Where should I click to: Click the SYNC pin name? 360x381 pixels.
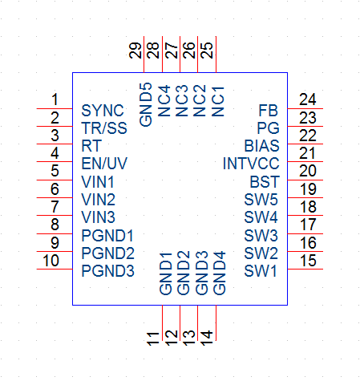click(x=103, y=111)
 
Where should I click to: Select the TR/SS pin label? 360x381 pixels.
click(x=104, y=128)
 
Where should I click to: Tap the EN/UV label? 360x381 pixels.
click(x=104, y=164)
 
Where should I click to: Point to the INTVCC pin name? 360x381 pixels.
click(x=251, y=164)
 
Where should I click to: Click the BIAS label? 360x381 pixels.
click(x=261, y=146)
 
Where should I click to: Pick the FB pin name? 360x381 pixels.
click(x=268, y=111)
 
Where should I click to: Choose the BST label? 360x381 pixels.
click(x=265, y=182)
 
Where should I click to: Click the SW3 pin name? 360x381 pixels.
click(x=261, y=235)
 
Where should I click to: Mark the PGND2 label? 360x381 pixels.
click(x=107, y=253)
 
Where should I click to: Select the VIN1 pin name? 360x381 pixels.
click(x=98, y=182)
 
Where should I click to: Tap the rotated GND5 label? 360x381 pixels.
click(x=146, y=104)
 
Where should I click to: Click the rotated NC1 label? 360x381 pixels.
click(x=218, y=101)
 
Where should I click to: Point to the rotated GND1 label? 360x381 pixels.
click(x=166, y=273)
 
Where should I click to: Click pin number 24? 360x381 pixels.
click(x=308, y=99)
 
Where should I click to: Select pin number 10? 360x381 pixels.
click(x=51, y=261)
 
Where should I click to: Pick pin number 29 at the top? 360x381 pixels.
click(x=135, y=51)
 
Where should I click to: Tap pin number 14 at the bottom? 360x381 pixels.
click(x=207, y=338)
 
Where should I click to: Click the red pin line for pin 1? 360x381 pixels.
click(x=55, y=108)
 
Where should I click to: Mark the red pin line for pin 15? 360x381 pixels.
click(x=305, y=269)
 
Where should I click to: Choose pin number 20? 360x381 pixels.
click(x=308, y=171)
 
